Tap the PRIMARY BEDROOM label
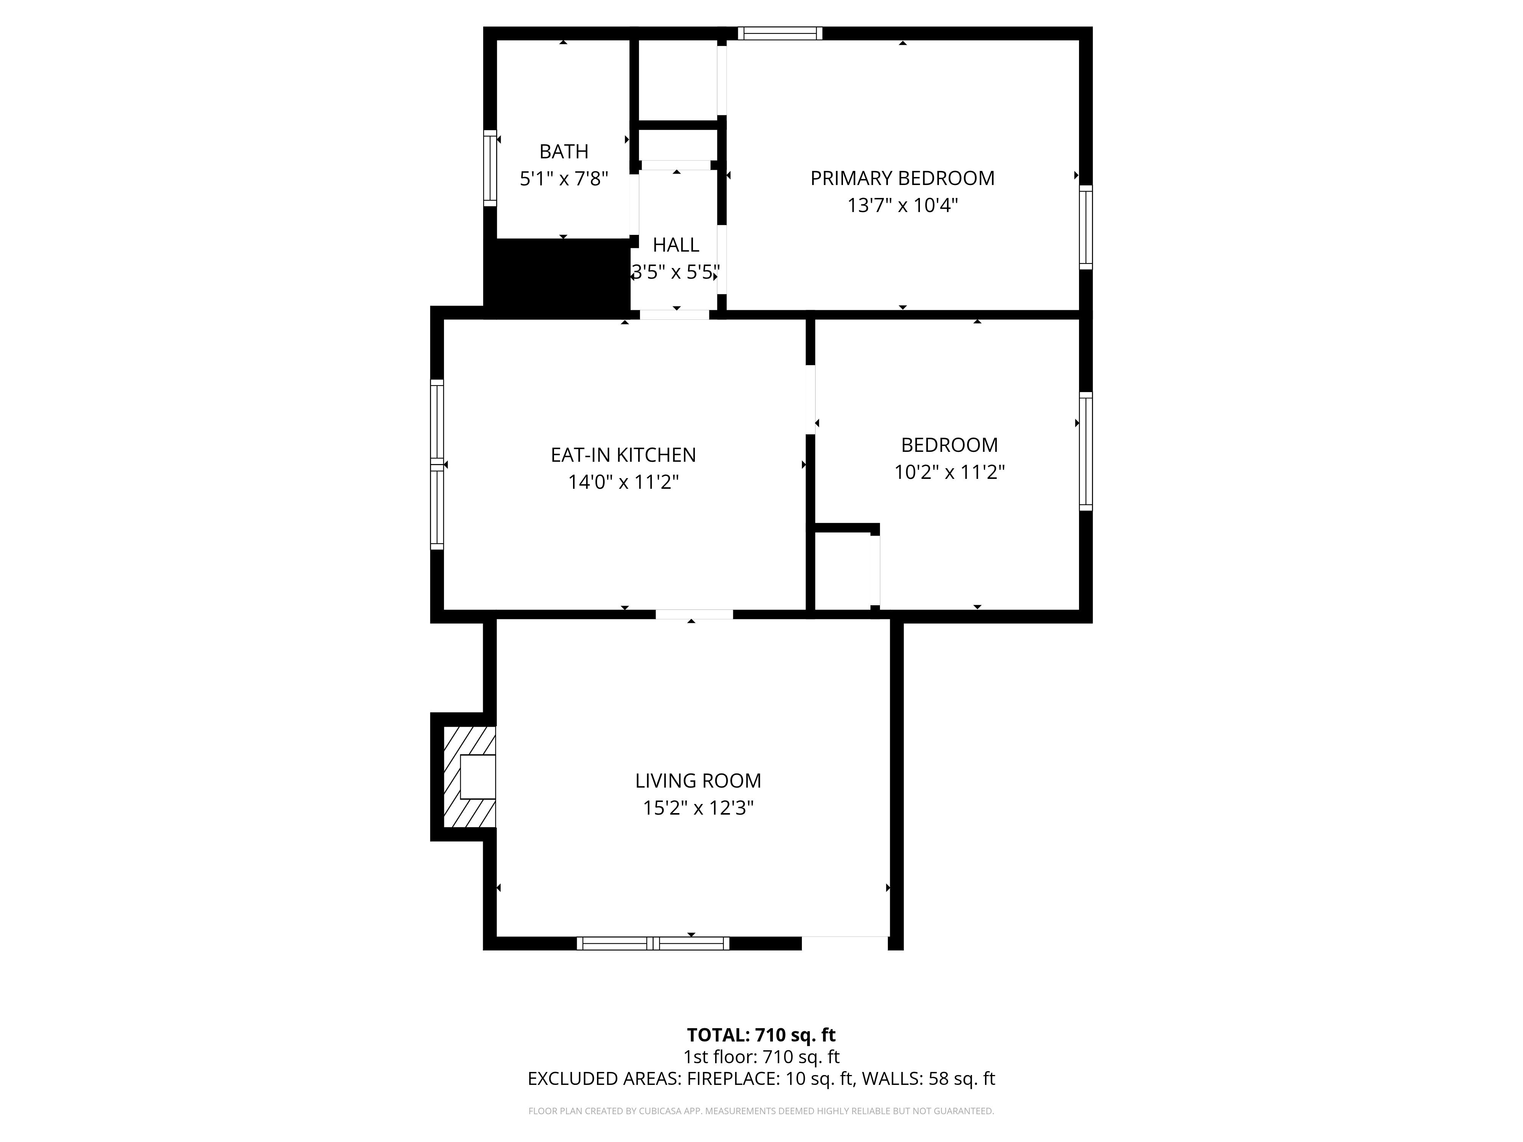click(902, 178)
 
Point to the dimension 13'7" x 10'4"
click(902, 205)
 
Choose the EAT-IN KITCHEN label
click(623, 455)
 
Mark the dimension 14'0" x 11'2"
click(623, 482)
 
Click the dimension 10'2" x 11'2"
click(950, 472)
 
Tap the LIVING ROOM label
click(698, 781)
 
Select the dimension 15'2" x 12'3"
click(698, 807)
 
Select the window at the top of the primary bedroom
click(780, 33)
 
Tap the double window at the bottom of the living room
click(653, 943)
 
